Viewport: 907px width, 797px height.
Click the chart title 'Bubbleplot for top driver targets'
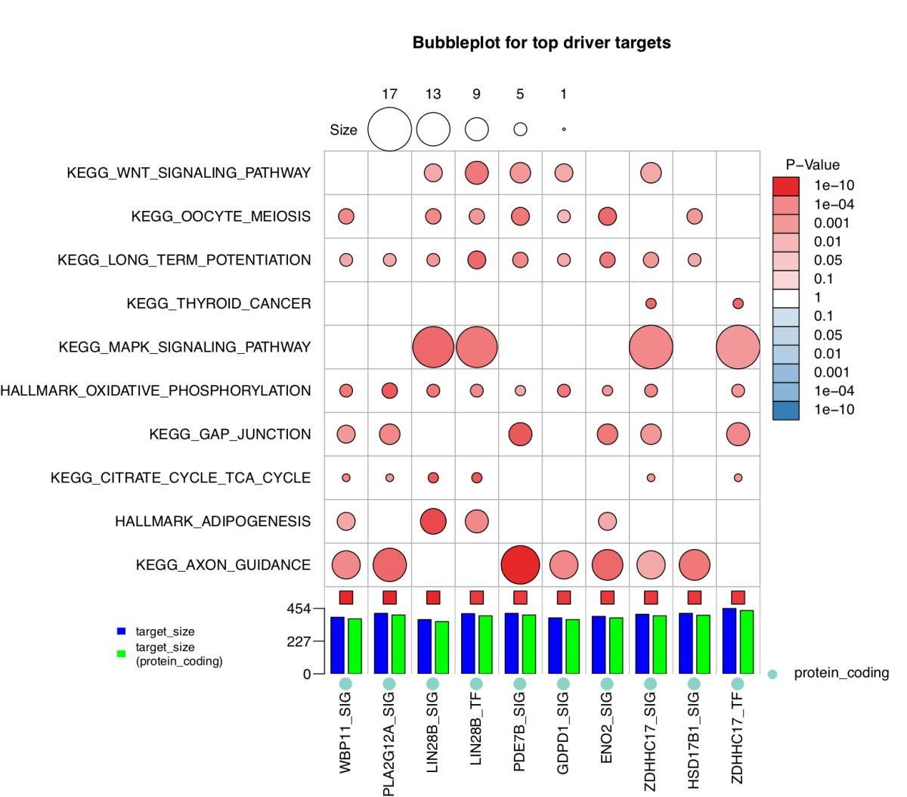coord(541,42)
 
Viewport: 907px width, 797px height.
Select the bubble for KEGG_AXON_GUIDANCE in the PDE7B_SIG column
coord(520,565)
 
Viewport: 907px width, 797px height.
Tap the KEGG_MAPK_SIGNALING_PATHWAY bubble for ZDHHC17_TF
coord(738,347)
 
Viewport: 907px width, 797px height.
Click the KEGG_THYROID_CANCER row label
coord(218,303)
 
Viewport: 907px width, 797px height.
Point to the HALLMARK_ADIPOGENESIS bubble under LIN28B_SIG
coord(433,521)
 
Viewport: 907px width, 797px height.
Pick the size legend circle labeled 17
coord(389,129)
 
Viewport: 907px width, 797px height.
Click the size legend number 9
coord(476,94)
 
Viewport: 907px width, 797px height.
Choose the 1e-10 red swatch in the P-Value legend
coord(785,186)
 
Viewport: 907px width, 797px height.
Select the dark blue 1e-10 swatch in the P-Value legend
coord(785,410)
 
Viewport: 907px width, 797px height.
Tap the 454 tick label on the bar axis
coord(298,609)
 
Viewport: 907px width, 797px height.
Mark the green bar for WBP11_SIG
coord(354,646)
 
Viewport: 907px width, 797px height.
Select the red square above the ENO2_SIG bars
coord(607,597)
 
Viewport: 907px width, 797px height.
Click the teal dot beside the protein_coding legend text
coord(772,674)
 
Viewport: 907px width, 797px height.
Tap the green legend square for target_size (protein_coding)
coord(121,653)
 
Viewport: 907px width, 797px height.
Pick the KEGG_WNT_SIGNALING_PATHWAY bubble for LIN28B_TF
coord(476,173)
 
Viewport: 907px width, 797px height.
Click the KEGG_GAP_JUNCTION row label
coord(230,434)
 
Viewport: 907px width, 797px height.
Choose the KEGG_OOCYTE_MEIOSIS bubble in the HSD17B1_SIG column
coord(694,216)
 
